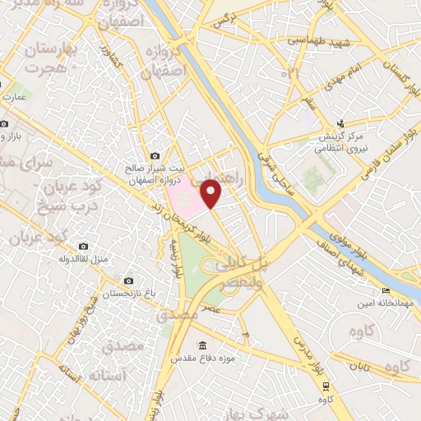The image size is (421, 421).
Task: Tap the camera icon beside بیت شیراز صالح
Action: tap(155, 155)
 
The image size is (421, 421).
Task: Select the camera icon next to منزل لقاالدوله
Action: tap(83, 246)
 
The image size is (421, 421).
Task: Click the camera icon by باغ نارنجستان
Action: tap(127, 280)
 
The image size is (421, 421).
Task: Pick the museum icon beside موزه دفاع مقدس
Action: tap(202, 345)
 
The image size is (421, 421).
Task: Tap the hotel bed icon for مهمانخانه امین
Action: tap(386, 291)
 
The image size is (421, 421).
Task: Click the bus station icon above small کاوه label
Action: tap(327, 385)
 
